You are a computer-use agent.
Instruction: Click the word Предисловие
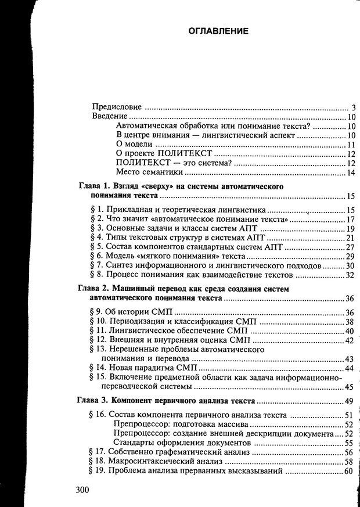(118, 107)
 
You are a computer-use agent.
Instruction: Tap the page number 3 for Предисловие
(352, 107)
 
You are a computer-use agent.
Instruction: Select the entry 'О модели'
(134, 145)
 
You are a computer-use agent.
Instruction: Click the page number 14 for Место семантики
(351, 172)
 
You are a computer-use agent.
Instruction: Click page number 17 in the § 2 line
(350, 220)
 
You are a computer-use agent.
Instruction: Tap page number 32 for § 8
(350, 275)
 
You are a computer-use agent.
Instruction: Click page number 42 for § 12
(350, 340)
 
